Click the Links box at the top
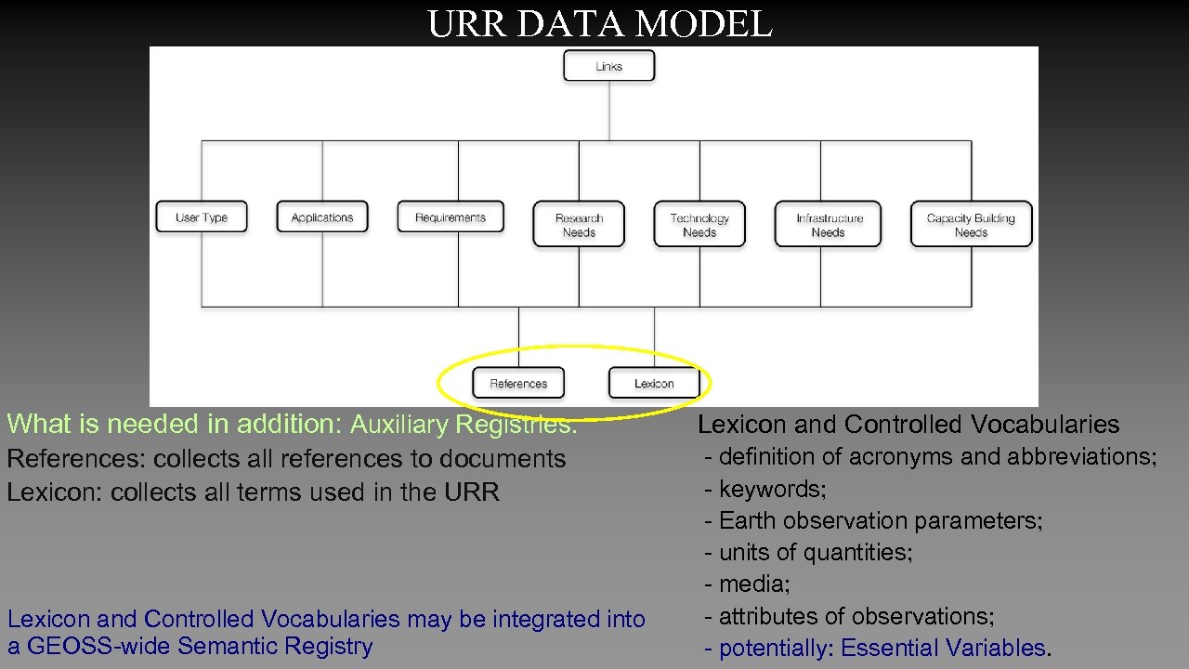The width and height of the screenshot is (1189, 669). click(608, 66)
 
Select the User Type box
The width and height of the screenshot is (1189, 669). click(202, 217)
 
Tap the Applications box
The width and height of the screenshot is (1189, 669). click(322, 217)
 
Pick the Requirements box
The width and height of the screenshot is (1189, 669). click(451, 217)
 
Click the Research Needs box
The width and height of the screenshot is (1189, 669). click(579, 225)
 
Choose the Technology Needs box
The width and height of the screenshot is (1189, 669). click(699, 225)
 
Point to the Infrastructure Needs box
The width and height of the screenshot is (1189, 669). click(829, 225)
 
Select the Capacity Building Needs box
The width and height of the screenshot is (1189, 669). click(971, 225)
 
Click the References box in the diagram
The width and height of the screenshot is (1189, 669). click(518, 383)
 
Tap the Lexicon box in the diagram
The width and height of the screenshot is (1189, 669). click(654, 383)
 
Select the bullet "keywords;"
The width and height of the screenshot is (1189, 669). click(771, 489)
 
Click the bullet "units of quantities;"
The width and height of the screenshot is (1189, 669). click(815, 553)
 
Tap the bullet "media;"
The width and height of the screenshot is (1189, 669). click(753, 584)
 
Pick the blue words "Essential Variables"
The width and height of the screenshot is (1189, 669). click(943, 649)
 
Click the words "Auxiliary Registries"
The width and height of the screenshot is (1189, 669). click(463, 425)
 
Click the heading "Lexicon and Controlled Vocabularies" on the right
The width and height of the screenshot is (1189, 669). click(908, 425)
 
